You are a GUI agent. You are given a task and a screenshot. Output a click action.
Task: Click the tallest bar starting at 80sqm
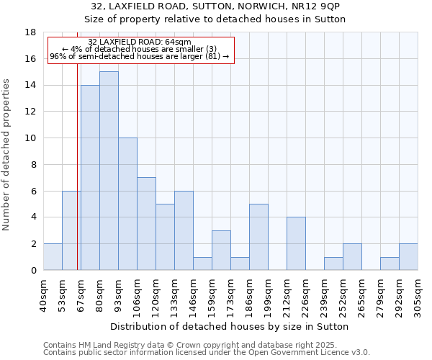[x=109, y=171]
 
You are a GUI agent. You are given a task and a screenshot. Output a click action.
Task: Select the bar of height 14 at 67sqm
[x=90, y=177]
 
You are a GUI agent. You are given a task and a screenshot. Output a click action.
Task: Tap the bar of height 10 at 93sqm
[x=127, y=204]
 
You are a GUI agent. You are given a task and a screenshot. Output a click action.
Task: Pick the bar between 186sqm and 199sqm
[x=258, y=237]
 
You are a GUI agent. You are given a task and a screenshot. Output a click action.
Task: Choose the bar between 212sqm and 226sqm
[x=296, y=243]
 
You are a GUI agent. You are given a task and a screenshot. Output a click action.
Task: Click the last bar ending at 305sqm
[x=408, y=257]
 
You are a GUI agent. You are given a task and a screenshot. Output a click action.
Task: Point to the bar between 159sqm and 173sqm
[x=221, y=250]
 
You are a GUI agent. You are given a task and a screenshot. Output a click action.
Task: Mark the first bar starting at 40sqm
[x=53, y=257]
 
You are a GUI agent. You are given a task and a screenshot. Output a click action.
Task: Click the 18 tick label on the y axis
[x=30, y=32]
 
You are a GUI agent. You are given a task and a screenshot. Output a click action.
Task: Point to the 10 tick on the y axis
[x=30, y=138]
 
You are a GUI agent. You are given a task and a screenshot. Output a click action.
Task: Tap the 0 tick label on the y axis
[x=33, y=270]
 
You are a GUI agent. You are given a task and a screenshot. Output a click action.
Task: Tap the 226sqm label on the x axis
[x=306, y=294]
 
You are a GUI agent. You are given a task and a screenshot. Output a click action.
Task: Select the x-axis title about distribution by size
[x=230, y=326]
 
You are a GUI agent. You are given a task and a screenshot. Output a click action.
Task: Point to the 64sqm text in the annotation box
[x=178, y=42]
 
